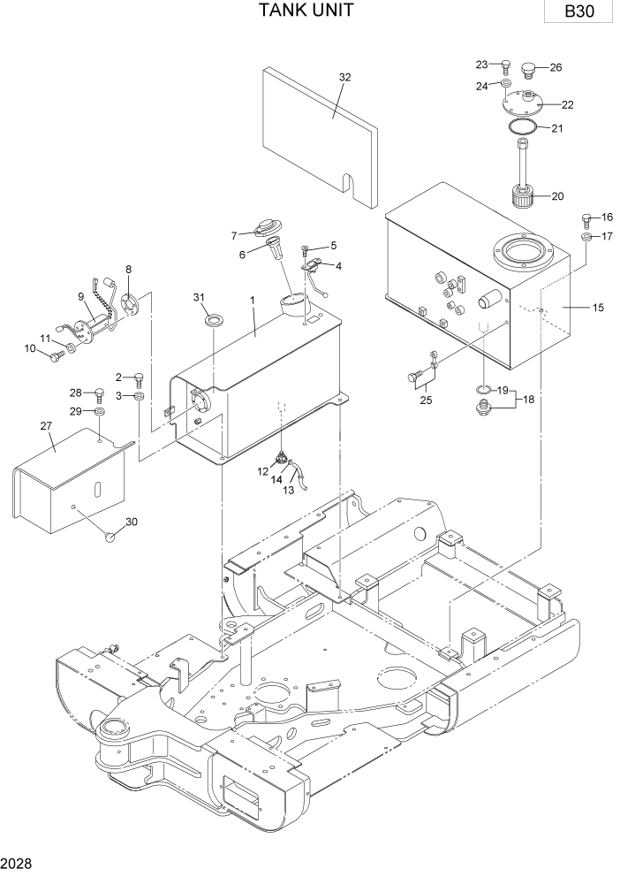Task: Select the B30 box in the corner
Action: [579, 12]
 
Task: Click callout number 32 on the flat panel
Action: [344, 77]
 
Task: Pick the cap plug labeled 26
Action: [530, 67]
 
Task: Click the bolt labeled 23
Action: [505, 65]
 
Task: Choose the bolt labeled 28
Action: [99, 394]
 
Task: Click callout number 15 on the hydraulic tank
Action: [598, 308]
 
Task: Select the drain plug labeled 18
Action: [483, 408]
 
